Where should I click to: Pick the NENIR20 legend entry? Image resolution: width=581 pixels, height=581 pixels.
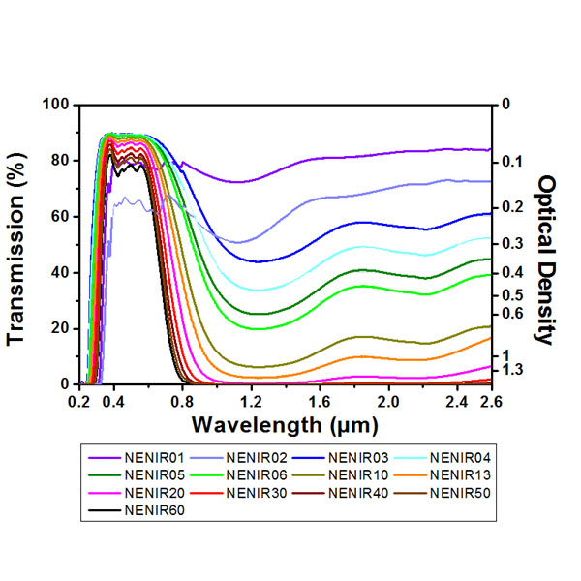click(155, 492)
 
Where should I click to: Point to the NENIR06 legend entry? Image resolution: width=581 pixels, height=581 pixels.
click(257, 474)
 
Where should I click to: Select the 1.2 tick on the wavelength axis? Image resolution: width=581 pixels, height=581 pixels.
click(251, 400)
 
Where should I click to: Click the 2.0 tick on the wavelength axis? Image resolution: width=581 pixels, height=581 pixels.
click(388, 400)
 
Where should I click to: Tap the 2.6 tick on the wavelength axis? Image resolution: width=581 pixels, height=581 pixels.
click(491, 400)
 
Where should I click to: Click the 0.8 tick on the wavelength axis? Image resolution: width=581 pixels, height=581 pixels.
click(182, 400)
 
